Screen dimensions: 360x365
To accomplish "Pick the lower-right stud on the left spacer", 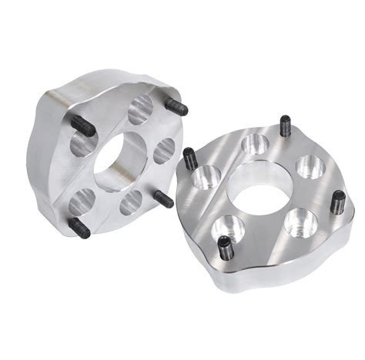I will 163,198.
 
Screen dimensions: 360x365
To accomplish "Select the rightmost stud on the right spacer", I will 337,202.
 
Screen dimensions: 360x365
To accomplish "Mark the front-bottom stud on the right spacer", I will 223,247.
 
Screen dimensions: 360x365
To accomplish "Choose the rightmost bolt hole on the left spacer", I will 164,151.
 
